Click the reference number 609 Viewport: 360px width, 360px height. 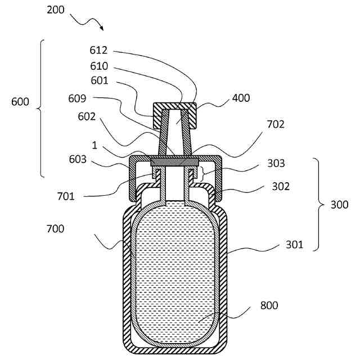[76, 99]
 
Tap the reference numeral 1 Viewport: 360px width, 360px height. [94, 145]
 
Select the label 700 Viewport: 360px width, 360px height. [56, 229]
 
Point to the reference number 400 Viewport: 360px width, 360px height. [241, 98]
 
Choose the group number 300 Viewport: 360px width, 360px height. [339, 205]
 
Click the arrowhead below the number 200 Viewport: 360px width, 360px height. [101, 28]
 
